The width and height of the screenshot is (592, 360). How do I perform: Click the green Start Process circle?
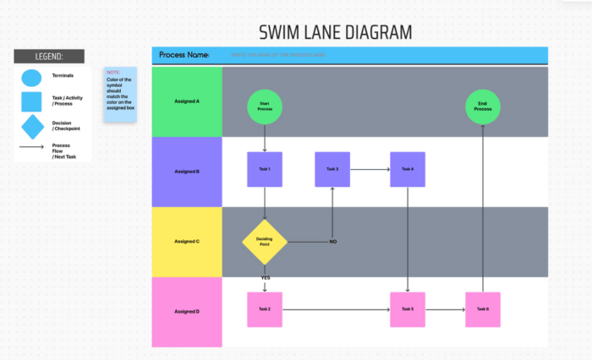[x=265, y=106]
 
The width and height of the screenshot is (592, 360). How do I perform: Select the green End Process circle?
[x=482, y=106]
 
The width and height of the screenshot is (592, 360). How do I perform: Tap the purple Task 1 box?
[x=265, y=170]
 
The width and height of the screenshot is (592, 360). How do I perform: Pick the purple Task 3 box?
[x=332, y=170]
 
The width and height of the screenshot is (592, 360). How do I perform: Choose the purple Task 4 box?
[x=407, y=170]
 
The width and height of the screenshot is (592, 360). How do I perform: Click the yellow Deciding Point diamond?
[x=265, y=242]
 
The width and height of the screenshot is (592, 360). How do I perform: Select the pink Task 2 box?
[x=265, y=309]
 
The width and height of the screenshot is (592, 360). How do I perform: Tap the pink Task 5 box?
[x=407, y=309]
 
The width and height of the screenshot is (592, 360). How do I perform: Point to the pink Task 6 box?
[x=482, y=309]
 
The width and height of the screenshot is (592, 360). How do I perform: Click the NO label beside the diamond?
[x=332, y=242]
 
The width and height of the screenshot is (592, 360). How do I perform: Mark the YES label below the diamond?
[x=265, y=277]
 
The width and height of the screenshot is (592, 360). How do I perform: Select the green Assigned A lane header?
[x=187, y=101]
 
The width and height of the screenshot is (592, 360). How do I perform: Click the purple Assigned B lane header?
[x=187, y=172]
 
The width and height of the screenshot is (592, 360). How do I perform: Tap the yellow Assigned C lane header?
[x=187, y=242]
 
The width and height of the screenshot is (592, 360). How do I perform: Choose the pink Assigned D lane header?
[x=187, y=311]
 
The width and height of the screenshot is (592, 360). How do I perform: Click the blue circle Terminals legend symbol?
[x=31, y=78]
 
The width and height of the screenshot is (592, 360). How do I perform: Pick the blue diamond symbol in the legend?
[x=32, y=127]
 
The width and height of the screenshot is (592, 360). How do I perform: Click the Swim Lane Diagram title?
[x=335, y=32]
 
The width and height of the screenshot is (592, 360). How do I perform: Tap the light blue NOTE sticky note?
[x=119, y=95]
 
